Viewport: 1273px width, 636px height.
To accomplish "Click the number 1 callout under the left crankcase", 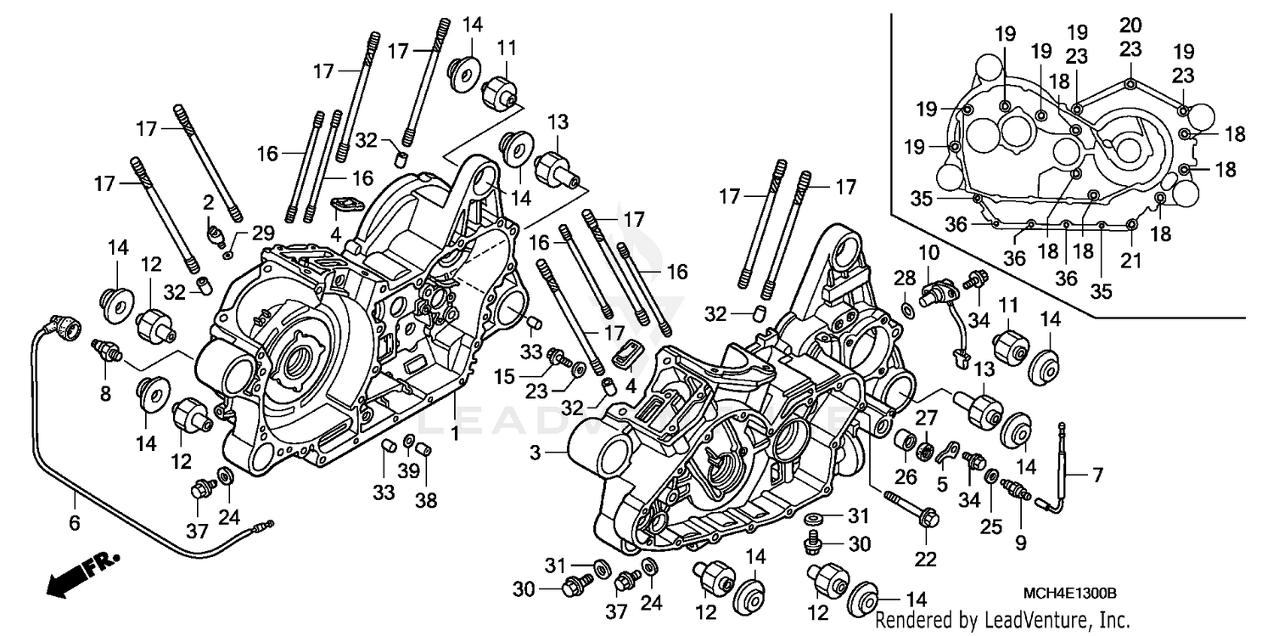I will pyautogui.click(x=456, y=434).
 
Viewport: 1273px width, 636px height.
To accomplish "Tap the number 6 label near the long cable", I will pyautogui.click(x=74, y=523).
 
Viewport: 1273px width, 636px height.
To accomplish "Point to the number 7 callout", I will pyautogui.click(x=1098, y=476).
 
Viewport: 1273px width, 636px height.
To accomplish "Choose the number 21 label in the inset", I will pyautogui.click(x=1130, y=261).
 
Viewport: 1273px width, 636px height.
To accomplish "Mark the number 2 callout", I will pyautogui.click(x=208, y=201).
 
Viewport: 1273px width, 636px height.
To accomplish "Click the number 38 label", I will pyautogui.click(x=425, y=500).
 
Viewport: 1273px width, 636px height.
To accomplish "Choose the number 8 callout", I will pyautogui.click(x=105, y=394).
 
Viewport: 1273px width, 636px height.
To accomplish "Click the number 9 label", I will pyautogui.click(x=1020, y=541).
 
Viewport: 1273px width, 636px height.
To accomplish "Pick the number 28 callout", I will pyautogui.click(x=905, y=279).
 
